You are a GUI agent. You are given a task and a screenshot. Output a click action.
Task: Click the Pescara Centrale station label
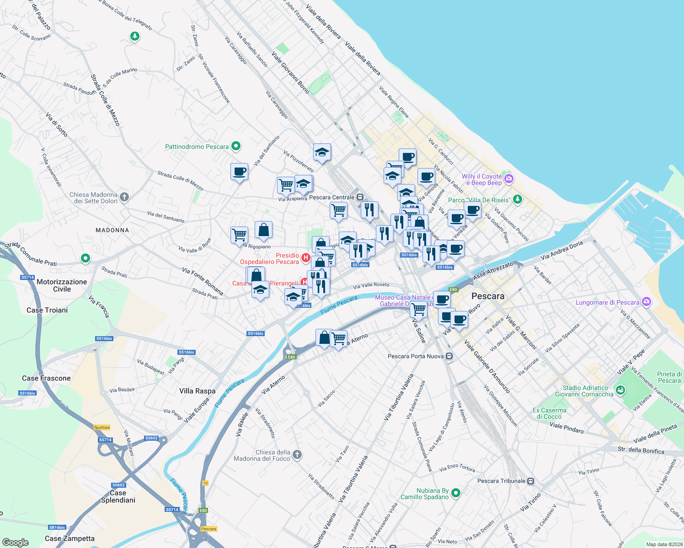(332, 197)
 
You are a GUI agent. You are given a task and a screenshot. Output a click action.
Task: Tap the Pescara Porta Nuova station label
(416, 356)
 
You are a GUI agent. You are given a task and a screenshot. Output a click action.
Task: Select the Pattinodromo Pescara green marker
(236, 147)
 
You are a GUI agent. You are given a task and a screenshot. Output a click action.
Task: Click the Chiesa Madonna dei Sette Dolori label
(93, 198)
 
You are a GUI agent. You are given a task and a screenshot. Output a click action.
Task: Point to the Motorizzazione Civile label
(62, 285)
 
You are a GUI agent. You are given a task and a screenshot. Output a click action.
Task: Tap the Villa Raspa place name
(197, 391)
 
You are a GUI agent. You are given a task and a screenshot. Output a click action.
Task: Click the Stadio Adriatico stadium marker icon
(620, 390)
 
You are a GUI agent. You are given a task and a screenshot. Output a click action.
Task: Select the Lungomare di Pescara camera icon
(646, 302)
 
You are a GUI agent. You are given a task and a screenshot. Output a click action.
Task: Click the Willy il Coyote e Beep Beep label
(481, 179)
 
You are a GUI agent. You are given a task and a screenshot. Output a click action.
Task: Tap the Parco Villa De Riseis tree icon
(517, 199)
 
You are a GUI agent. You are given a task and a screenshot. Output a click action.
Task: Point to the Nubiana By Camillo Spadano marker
(455, 493)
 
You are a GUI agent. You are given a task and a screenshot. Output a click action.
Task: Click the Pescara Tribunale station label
(501, 481)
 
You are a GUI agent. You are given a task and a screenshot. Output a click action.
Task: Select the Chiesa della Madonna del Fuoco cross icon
(297, 454)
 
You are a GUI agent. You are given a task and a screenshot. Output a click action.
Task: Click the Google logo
(16, 542)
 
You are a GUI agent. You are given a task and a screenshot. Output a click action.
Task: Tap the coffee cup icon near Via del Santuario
(239, 172)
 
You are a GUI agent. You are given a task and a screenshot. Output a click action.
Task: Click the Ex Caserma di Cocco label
(549, 413)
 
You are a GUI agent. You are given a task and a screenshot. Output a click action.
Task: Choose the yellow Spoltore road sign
(102, 427)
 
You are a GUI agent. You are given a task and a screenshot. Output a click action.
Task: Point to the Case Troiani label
(47, 310)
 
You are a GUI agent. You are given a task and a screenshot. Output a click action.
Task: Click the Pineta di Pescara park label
(669, 377)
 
